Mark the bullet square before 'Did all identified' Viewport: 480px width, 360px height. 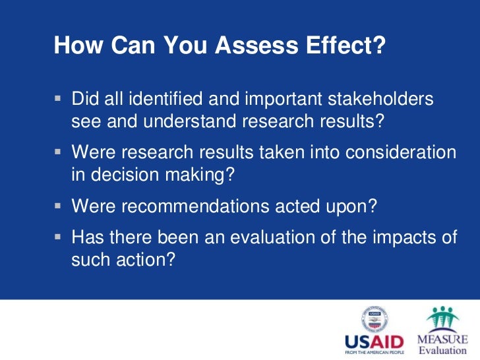pyautogui.click(x=58, y=100)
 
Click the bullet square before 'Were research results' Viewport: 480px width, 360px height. pyautogui.click(x=58, y=152)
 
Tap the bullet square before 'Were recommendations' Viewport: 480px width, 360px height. pyautogui.click(x=58, y=206)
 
